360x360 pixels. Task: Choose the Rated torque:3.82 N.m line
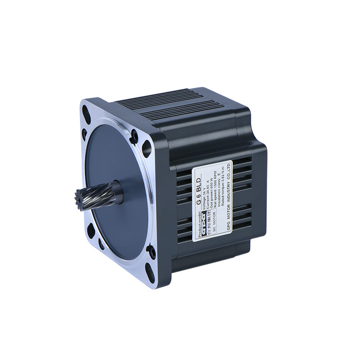[x=228, y=180]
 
